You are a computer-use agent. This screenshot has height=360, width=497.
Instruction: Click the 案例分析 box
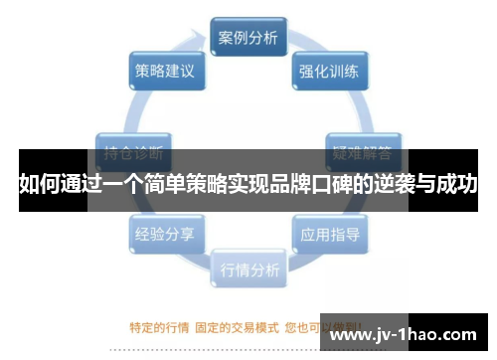(x=248, y=38)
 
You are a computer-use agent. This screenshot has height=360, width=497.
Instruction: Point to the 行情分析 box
(x=248, y=270)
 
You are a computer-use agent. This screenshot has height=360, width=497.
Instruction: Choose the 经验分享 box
(x=165, y=236)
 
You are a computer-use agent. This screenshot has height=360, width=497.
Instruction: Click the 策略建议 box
(x=165, y=72)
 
